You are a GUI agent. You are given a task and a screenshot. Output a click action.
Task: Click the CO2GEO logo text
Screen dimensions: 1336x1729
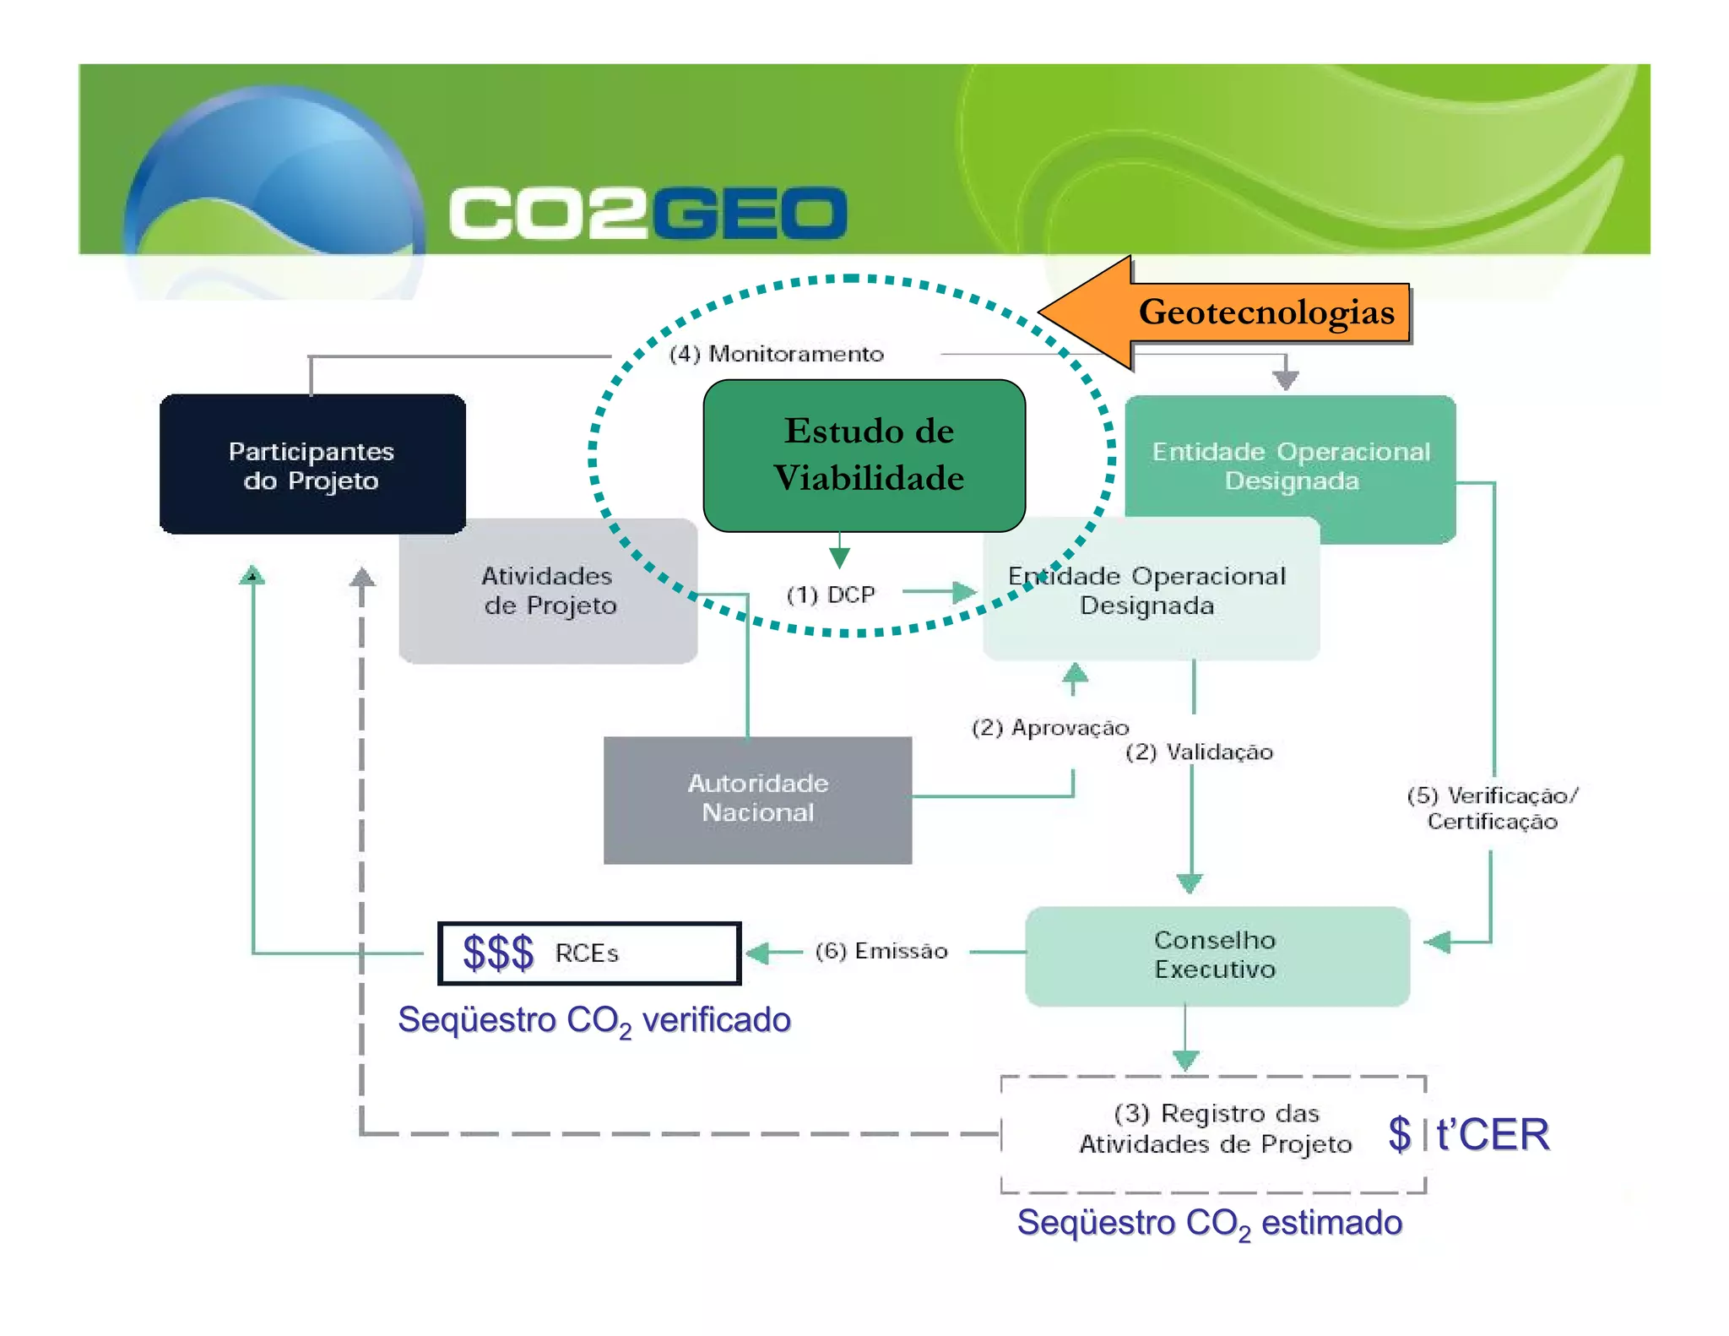[x=648, y=213]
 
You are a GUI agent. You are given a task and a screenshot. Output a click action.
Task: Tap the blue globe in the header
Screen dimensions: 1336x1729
[x=274, y=182]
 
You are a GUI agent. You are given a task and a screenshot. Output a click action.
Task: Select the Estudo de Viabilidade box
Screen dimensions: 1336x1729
[x=864, y=455]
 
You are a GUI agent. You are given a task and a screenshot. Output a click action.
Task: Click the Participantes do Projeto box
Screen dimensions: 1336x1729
[x=312, y=464]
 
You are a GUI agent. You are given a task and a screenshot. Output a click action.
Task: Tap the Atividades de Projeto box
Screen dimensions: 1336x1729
[x=549, y=591]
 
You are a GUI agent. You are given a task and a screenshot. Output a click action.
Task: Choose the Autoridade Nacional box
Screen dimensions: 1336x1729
[x=757, y=799]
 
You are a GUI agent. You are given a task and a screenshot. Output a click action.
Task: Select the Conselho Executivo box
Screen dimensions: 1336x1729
[x=1216, y=955]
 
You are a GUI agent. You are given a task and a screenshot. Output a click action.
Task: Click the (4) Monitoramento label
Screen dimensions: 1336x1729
[x=776, y=354]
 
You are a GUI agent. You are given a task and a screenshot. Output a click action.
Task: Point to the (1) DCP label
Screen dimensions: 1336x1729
[x=831, y=595]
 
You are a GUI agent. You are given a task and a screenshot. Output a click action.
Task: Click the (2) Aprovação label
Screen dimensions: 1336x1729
[x=1049, y=727]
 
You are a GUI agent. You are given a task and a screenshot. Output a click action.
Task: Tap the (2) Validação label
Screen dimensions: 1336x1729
[x=1199, y=752]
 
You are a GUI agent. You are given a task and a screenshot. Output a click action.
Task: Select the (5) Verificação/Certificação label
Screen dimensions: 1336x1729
[x=1492, y=808]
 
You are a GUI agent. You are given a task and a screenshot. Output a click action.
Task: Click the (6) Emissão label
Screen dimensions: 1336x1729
[x=881, y=951]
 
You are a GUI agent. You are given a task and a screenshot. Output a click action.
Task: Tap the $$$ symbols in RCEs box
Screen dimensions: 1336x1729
[x=498, y=953]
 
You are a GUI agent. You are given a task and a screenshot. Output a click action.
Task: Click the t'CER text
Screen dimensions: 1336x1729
[x=1493, y=1134]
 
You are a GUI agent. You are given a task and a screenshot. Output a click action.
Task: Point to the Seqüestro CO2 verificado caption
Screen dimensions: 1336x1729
[x=593, y=1021]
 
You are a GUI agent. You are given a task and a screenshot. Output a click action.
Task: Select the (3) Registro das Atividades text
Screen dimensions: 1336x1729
[x=1216, y=1128]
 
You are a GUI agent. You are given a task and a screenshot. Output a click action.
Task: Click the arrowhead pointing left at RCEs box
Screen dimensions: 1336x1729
[x=758, y=953]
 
